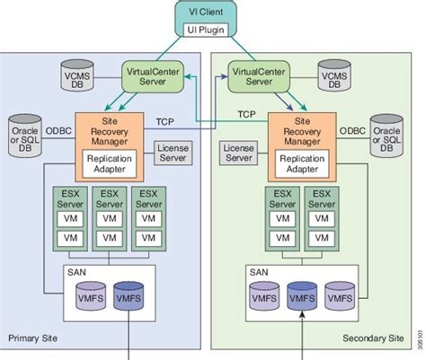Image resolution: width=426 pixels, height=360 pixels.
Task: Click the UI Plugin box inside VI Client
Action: point(209,30)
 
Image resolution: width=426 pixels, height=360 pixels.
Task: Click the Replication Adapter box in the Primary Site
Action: point(109,164)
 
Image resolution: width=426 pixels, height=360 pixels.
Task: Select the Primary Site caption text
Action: point(31,338)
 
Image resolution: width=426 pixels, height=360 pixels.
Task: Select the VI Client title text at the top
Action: point(209,13)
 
